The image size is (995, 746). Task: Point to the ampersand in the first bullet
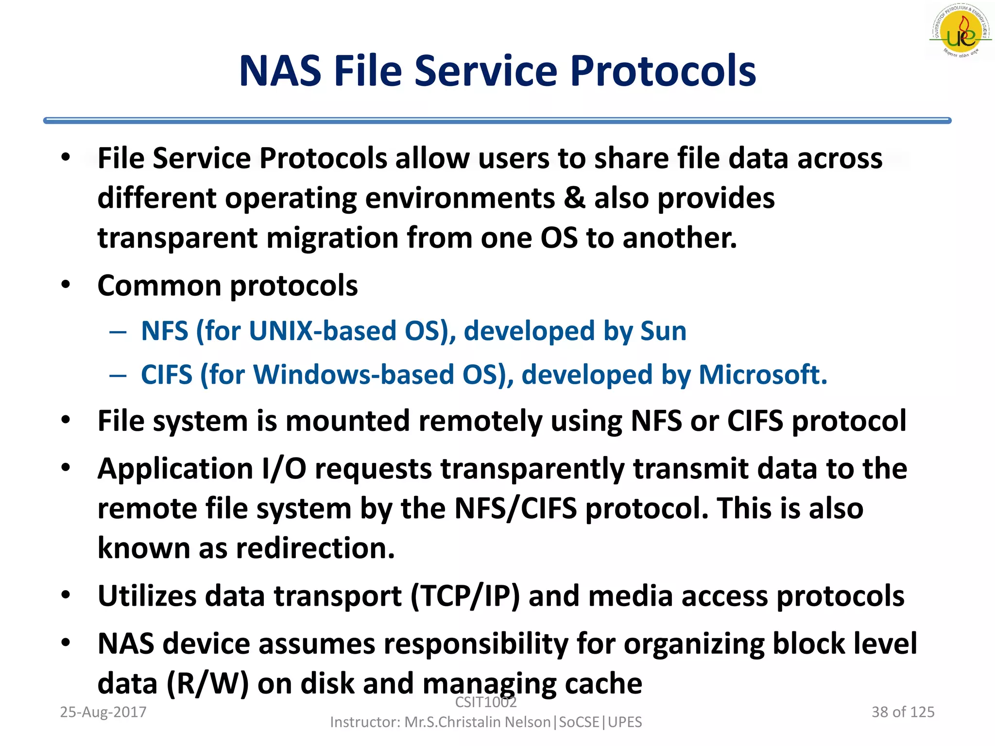pos(575,198)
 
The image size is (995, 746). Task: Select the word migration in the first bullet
pos(332,238)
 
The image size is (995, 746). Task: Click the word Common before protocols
pos(159,285)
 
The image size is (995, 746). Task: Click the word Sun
pos(663,331)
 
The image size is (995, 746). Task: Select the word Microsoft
pos(763,375)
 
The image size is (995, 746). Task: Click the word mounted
pos(348,421)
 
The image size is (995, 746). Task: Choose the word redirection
pos(315,548)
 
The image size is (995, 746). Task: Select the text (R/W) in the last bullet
pos(207,684)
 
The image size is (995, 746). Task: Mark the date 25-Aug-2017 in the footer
pos(103,712)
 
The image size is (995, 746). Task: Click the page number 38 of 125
pos(903,712)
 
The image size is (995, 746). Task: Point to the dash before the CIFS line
pos(118,375)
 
